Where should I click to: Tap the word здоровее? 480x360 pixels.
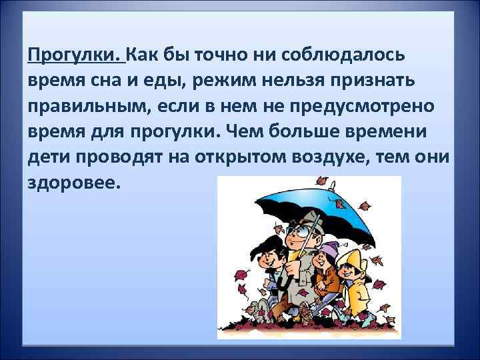coord(72,184)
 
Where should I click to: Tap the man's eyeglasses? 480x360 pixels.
coord(298,231)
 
